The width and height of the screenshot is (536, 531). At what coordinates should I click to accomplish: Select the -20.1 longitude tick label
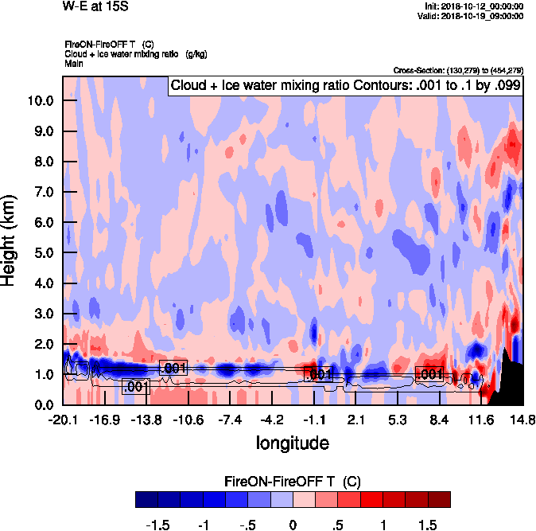[62, 420]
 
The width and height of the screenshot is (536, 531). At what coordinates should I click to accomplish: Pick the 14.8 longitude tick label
[522, 420]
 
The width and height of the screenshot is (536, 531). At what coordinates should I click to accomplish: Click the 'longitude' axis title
[292, 443]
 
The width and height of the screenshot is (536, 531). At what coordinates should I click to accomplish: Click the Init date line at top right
[475, 6]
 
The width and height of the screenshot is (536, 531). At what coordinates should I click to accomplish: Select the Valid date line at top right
[472, 15]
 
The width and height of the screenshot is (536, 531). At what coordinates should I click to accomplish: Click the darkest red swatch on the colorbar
[439, 499]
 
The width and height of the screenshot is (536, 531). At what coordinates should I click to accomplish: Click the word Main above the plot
[74, 63]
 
